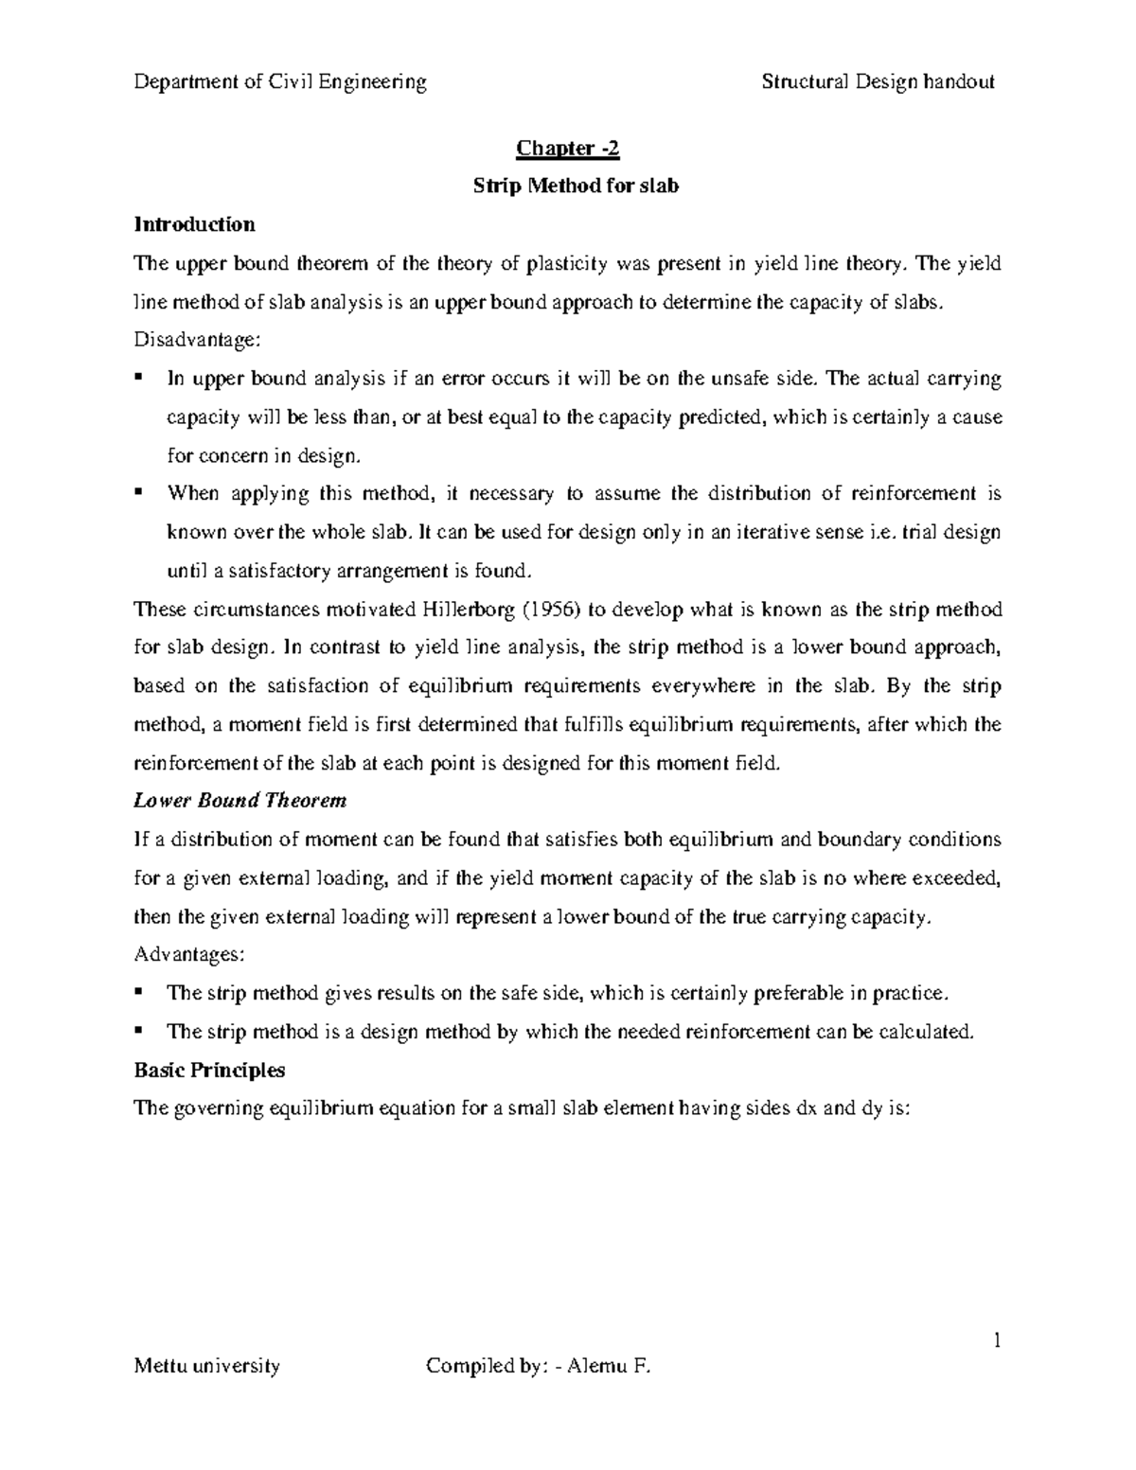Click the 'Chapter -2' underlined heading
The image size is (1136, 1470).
tap(568, 149)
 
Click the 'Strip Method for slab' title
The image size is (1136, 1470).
tap(576, 186)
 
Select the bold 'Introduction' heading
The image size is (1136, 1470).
tap(194, 224)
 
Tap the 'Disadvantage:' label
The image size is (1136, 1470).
tap(195, 341)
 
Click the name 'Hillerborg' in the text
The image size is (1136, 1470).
tap(468, 609)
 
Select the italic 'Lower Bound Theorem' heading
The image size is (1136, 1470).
tap(240, 801)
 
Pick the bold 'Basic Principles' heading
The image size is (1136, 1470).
tap(209, 1071)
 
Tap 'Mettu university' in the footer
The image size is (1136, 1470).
tap(207, 1366)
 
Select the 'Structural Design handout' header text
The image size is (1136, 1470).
tap(878, 81)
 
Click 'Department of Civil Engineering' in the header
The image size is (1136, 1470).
tap(280, 81)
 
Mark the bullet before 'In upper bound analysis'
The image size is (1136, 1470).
tap(139, 378)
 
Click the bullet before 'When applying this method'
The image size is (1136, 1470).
tap(139, 492)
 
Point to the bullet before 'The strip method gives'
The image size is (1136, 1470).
tap(139, 991)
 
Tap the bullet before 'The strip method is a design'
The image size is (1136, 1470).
tap(139, 1030)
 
